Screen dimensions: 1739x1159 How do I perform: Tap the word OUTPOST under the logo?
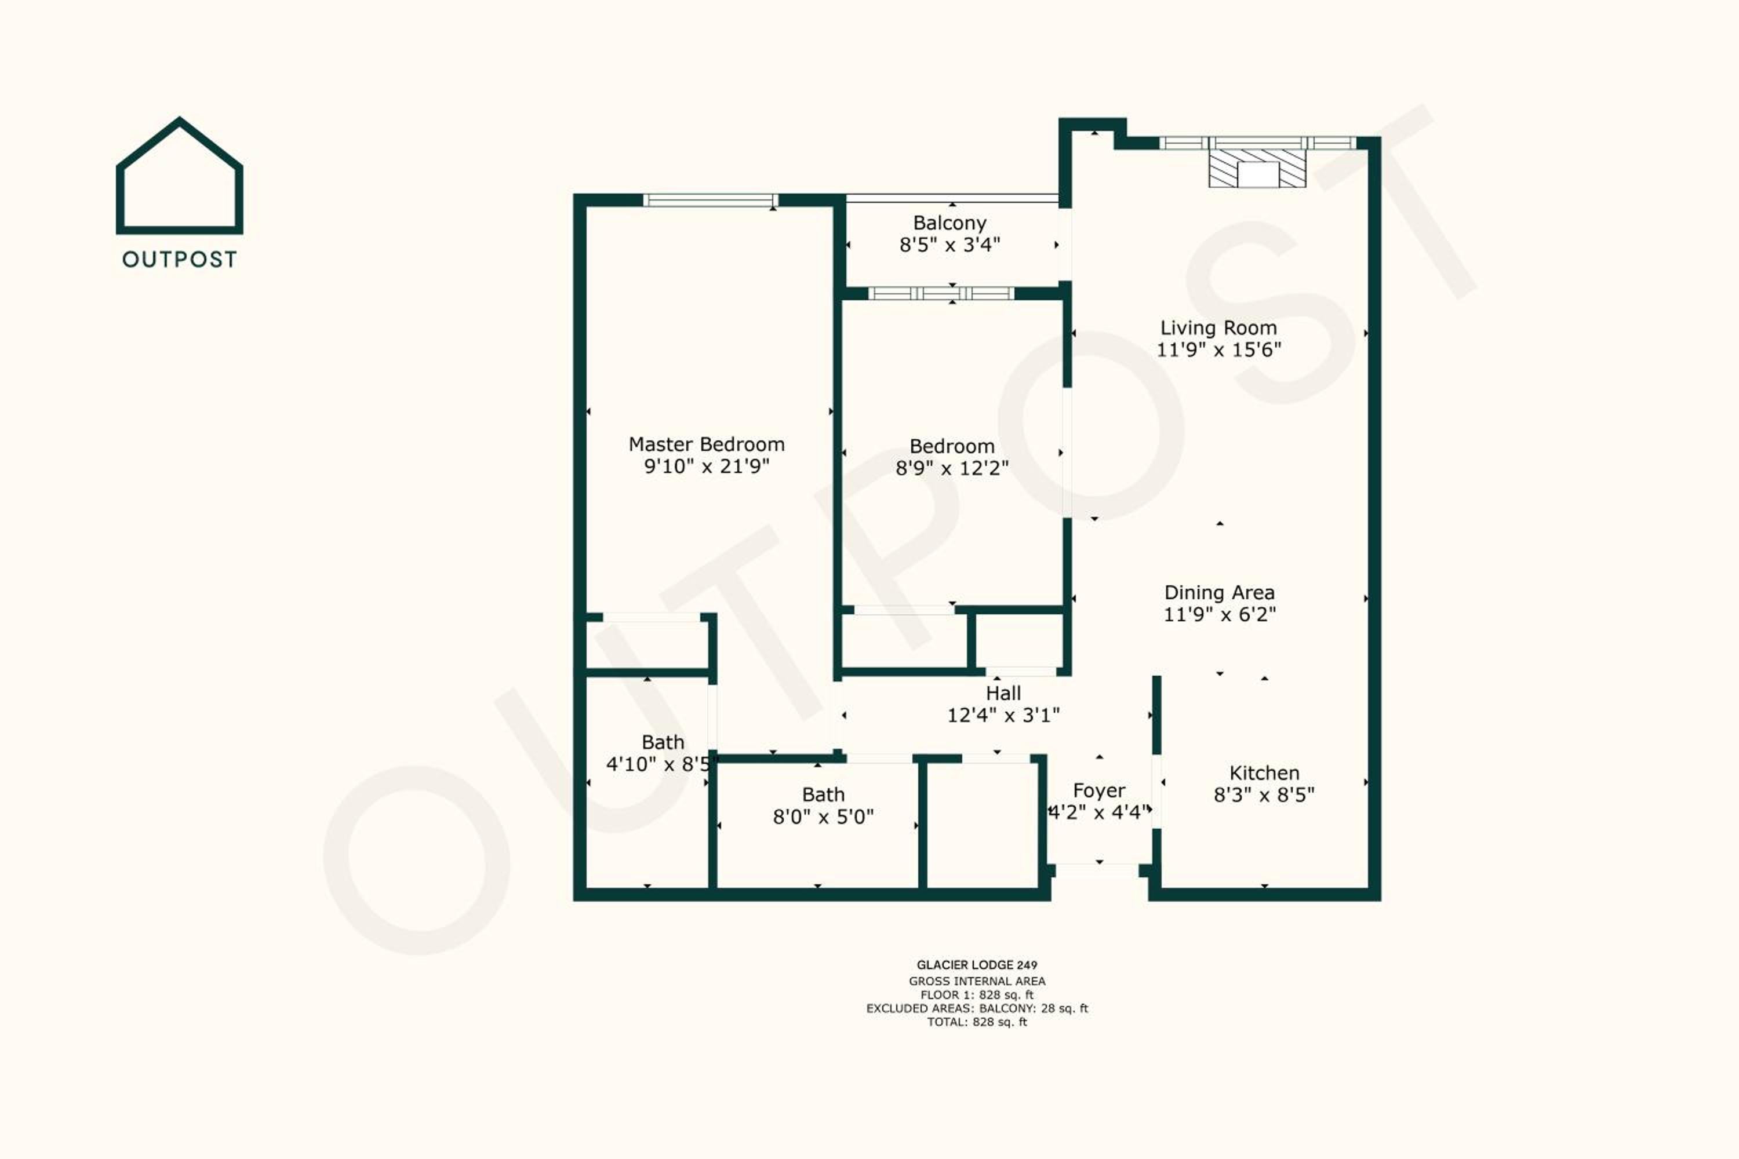180,260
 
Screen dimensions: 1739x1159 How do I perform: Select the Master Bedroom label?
706,444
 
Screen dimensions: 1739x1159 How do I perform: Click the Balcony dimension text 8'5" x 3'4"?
949,245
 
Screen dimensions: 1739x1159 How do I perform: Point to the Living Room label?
1218,327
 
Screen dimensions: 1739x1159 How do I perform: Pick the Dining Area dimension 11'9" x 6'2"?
1219,614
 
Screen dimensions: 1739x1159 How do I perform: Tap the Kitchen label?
1264,773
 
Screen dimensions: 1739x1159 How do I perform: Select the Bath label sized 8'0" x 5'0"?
823,794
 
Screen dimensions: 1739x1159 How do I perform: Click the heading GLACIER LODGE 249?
977,965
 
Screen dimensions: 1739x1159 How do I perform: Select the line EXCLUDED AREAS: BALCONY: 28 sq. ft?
977,1008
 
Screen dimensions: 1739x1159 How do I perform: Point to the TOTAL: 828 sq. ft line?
977,1022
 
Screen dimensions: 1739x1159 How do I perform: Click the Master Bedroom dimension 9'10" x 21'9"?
706,466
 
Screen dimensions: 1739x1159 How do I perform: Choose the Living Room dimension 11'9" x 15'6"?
1218,349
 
